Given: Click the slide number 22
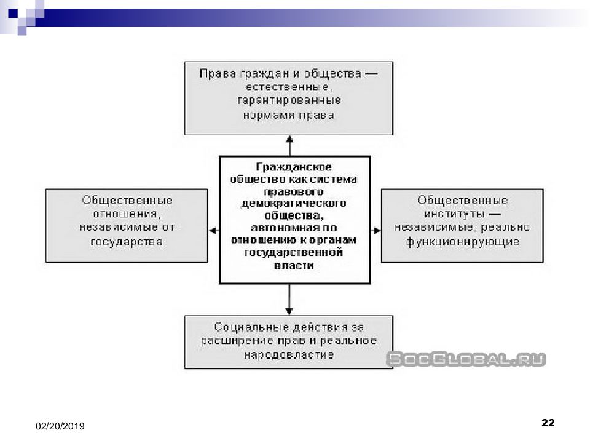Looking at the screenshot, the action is [x=548, y=423].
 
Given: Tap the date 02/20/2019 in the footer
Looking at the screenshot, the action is [x=60, y=426].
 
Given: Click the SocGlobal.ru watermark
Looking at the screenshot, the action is [x=466, y=359].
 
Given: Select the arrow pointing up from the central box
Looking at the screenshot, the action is [x=289, y=146].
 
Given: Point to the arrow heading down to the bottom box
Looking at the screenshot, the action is [x=289, y=299].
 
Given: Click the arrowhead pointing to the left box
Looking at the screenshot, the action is [x=213, y=231].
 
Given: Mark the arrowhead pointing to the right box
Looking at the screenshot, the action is [x=376, y=231].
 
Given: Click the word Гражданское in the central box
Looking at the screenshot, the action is [x=294, y=167].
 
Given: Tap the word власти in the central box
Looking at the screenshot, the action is [x=294, y=266].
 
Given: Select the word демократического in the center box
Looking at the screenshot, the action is [x=294, y=204].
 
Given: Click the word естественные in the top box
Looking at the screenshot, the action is [x=289, y=87].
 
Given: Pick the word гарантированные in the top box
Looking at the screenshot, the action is [x=289, y=100].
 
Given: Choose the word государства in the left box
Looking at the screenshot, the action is [x=127, y=242].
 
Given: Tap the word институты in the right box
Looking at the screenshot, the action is [x=455, y=214].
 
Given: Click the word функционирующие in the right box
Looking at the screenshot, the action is [x=462, y=242].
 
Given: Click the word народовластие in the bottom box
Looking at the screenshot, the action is [x=289, y=355].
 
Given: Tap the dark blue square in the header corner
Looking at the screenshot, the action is [x=13, y=13].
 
